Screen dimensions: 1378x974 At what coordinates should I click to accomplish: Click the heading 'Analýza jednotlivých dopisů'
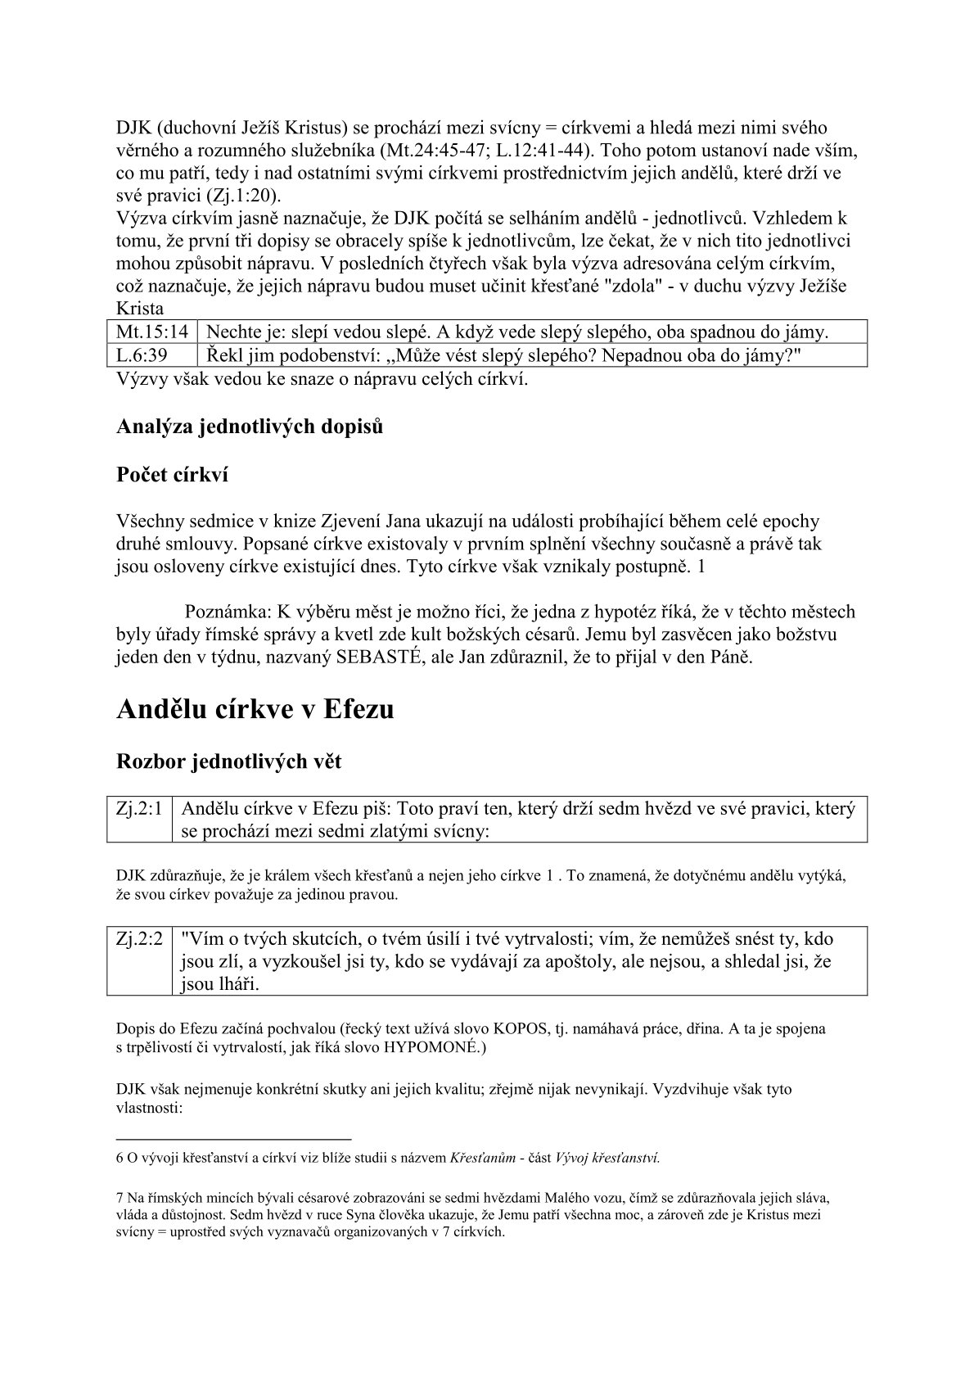click(x=249, y=427)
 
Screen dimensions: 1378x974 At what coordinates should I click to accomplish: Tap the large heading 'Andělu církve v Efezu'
click(x=255, y=709)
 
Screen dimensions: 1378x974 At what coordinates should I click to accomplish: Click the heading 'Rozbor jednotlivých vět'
click(x=229, y=761)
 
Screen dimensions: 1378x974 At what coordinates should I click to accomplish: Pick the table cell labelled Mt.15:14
click(x=152, y=332)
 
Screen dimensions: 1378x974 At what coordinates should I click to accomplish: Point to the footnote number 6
click(x=119, y=1158)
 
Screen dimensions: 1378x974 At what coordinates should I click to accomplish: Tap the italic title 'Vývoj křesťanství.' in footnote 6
click(x=607, y=1158)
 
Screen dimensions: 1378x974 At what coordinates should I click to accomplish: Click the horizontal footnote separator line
click(x=233, y=1139)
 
